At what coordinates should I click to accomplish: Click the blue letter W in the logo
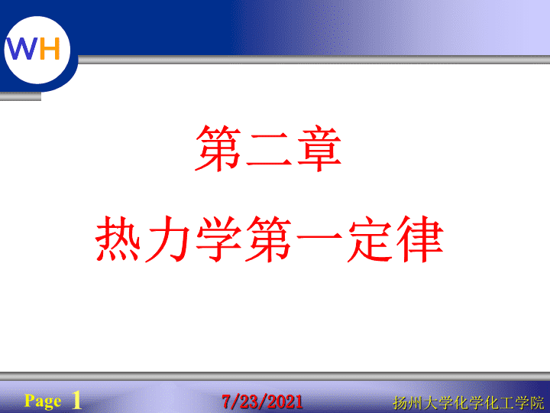tap(21, 48)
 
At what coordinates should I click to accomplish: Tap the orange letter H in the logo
tap(50, 48)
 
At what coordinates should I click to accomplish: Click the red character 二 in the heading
tap(269, 148)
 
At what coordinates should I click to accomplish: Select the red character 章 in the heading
tap(319, 148)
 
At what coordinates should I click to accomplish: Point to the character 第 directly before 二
tap(218, 148)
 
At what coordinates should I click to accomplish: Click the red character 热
tap(118, 239)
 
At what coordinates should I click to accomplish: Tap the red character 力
tap(167, 239)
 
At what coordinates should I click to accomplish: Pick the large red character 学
tap(218, 239)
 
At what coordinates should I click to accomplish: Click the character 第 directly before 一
tap(269, 239)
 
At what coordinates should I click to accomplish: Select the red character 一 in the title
tap(319, 236)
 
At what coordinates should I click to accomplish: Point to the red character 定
tap(370, 239)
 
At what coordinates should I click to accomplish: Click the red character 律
tap(420, 239)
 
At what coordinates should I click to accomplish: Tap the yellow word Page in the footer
tap(43, 401)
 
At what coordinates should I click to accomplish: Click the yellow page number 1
tap(76, 400)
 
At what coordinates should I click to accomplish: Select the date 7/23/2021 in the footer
tap(262, 402)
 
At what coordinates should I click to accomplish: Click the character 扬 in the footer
tap(400, 402)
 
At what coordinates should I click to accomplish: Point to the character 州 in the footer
tap(416, 402)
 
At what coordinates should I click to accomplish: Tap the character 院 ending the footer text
tap(537, 402)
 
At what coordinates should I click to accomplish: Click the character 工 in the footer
tap(506, 402)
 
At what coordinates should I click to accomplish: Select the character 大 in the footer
tap(430, 402)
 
